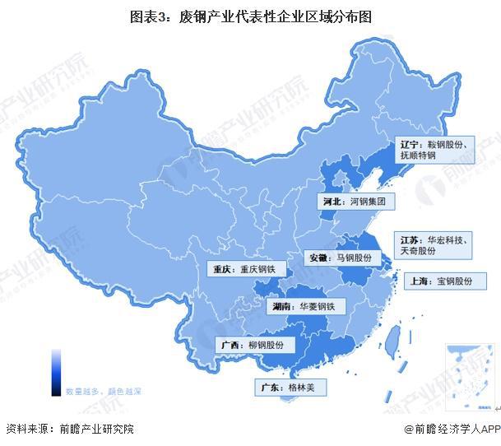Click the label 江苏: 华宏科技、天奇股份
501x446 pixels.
[x=433, y=244]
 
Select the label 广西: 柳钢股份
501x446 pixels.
[x=256, y=345]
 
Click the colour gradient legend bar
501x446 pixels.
[x=56, y=371]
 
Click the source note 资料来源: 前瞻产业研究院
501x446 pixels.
[x=69, y=429]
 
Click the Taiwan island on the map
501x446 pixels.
[x=393, y=336]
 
